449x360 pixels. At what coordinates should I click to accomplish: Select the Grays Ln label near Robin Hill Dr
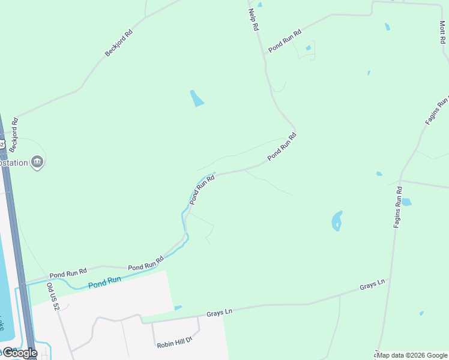tap(219, 313)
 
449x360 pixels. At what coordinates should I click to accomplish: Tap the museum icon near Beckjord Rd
tap(38, 161)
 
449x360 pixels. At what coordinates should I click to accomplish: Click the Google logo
tap(19, 353)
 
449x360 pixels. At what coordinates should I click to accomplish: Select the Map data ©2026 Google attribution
tap(412, 355)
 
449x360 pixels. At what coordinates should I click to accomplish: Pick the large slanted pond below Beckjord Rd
tap(196, 98)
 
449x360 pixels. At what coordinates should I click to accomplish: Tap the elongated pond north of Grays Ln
tap(337, 221)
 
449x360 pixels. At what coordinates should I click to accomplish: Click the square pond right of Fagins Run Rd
tap(406, 202)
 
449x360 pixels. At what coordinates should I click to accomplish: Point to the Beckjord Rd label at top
tap(118, 43)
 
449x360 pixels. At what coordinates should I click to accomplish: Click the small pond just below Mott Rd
tap(387, 26)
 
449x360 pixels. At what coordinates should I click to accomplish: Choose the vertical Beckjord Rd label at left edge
tap(14, 135)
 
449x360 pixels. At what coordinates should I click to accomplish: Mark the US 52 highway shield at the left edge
tap(2, 144)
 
